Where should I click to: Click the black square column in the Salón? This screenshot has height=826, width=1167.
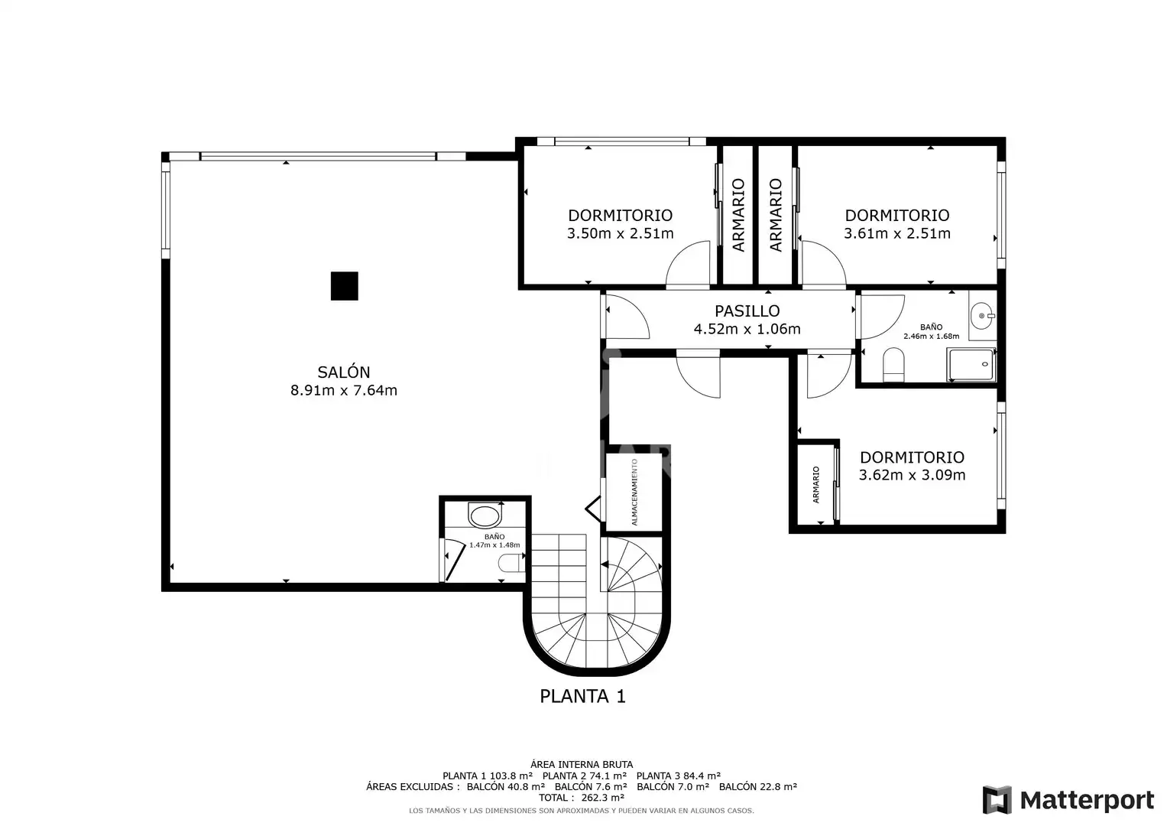coord(345,286)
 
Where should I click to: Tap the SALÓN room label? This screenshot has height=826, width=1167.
coord(344,372)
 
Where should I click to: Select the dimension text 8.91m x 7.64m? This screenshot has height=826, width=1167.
coord(344,390)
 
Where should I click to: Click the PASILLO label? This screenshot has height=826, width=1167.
coord(747,311)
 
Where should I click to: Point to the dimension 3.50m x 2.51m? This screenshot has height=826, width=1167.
coord(621,233)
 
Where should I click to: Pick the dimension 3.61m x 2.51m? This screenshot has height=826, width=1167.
coord(897,233)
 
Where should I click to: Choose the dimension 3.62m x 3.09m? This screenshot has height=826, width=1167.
coord(913,475)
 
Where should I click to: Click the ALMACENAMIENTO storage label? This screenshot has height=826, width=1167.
coord(634,492)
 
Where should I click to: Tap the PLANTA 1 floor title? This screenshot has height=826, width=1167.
coord(582,696)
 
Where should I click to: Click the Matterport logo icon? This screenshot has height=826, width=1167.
coord(997,799)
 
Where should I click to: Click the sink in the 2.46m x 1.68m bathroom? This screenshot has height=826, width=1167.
coord(983,315)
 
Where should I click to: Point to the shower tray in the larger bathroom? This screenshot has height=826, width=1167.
coord(971,365)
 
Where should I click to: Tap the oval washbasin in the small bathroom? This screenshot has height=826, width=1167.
coord(485,515)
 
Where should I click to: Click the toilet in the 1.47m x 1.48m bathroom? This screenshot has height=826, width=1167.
coord(511,563)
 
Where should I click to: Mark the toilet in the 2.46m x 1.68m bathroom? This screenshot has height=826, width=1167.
coord(893,365)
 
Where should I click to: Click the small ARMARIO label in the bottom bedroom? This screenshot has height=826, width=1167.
coord(816,484)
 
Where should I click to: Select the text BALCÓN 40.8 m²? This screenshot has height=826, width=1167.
coord(506,786)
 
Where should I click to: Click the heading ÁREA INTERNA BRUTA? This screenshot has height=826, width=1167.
coord(582,765)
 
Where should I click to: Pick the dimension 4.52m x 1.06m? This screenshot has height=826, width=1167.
coord(747,329)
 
